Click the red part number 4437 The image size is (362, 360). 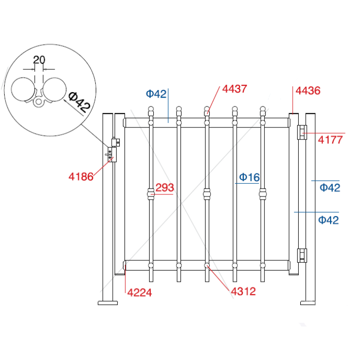(234, 89)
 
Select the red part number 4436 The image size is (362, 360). (307, 91)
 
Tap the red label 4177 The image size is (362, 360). (330, 140)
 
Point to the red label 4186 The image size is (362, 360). (81, 177)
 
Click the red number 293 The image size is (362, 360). (165, 188)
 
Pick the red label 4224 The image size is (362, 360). (140, 293)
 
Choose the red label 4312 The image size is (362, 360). (243, 292)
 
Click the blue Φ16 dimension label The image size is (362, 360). (249, 177)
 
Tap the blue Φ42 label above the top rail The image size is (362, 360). (156, 94)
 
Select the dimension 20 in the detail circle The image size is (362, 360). (39, 60)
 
